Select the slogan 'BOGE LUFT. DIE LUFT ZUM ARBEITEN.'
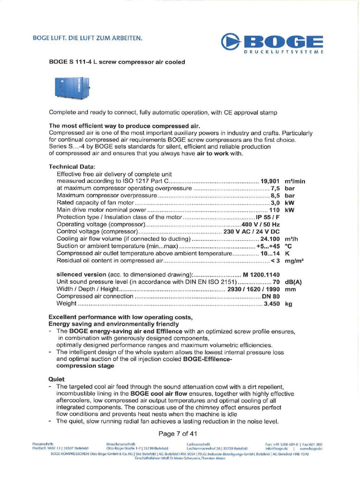point(87,37)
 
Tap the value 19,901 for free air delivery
point(270,181)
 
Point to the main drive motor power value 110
point(274,210)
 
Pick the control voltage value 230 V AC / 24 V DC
point(252,232)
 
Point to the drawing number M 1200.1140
point(261,275)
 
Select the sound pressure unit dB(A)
point(293,282)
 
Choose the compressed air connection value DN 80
point(271,296)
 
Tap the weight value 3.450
point(272,304)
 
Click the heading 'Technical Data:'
point(72,166)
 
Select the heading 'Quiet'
point(57,379)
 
